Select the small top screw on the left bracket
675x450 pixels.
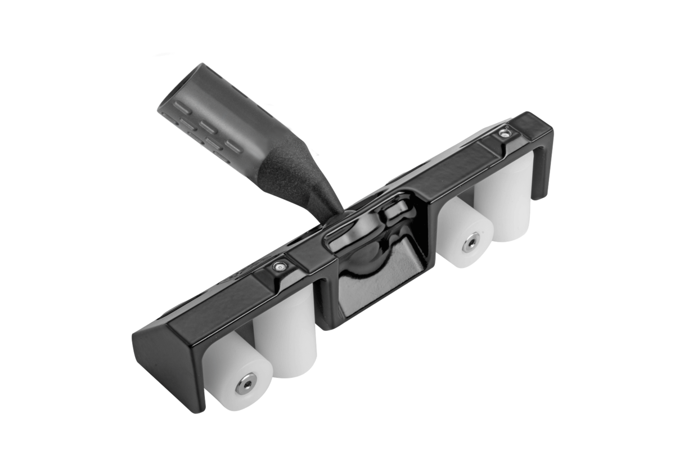[x=278, y=265]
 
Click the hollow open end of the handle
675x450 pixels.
[x=180, y=84]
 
